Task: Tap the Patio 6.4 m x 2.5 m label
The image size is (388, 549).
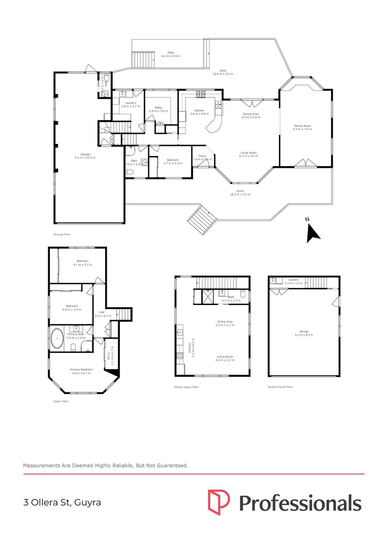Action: tap(171, 54)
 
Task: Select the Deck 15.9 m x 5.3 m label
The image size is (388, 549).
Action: tap(222, 73)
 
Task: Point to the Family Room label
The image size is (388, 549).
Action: tap(302, 127)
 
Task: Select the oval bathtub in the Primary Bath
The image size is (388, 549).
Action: tap(57, 338)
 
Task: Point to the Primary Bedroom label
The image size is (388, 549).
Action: tap(81, 372)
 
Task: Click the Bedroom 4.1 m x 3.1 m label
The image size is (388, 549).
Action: tap(82, 263)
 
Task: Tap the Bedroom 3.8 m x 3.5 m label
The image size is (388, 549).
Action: tap(72, 308)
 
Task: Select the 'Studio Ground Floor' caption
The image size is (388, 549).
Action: tap(280, 387)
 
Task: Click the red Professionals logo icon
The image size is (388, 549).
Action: tap(218, 502)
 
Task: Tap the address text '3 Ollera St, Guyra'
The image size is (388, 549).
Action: tap(62, 503)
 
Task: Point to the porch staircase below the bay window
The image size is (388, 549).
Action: tap(201, 219)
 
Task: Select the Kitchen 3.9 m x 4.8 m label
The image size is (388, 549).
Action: tap(197, 112)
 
